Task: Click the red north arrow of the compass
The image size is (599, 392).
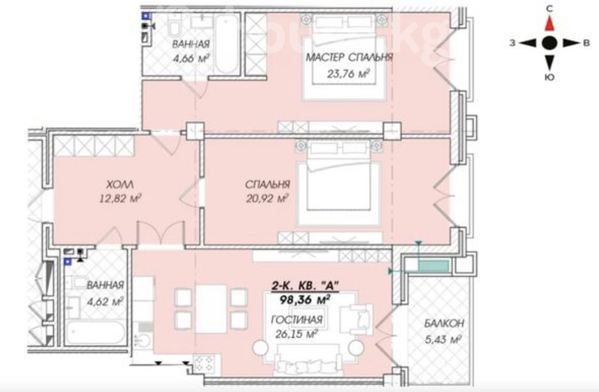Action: click(549, 23)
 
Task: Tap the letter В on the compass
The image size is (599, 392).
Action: click(586, 43)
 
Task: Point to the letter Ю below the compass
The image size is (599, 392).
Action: click(549, 77)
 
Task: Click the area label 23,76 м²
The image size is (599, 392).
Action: click(348, 73)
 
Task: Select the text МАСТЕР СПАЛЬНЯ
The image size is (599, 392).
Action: click(349, 57)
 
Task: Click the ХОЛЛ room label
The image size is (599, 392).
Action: click(120, 185)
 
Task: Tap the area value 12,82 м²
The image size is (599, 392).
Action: click(120, 198)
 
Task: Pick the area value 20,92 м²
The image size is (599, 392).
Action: click(267, 198)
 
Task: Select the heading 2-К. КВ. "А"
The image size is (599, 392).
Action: click(305, 285)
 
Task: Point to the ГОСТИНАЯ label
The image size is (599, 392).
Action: click(297, 320)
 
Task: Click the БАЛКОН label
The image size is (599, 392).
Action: click(444, 323)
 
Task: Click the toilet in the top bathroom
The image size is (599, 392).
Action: click(175, 25)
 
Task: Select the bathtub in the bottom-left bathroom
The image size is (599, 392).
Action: click(94, 333)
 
